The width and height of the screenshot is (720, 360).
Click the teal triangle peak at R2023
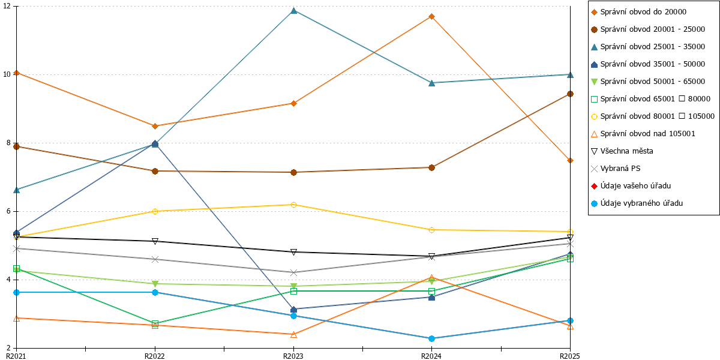pos(293,11)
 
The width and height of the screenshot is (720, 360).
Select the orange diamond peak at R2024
pos(431,16)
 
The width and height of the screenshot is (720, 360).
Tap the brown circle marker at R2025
pos(570,94)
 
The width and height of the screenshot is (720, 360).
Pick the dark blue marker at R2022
pos(155,143)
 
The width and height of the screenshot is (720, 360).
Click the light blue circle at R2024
pos(431,338)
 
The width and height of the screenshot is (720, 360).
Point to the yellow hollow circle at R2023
pos(293,205)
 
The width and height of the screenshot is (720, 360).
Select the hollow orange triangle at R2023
pos(293,335)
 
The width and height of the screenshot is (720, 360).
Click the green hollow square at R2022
pos(155,323)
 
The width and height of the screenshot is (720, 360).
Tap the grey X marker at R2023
pos(293,272)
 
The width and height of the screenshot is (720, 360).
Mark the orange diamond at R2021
pos(17,73)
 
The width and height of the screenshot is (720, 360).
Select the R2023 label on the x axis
pos(293,356)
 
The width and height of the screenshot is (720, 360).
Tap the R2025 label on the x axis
pos(570,356)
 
